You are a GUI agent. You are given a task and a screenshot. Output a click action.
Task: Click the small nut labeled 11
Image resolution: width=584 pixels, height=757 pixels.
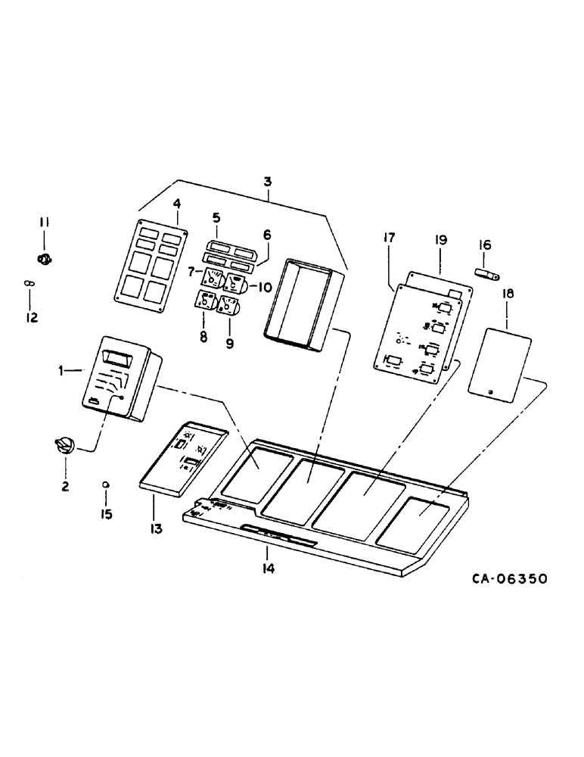point(44,259)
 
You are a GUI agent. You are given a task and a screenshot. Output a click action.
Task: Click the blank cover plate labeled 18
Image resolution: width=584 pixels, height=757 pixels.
point(496,362)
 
